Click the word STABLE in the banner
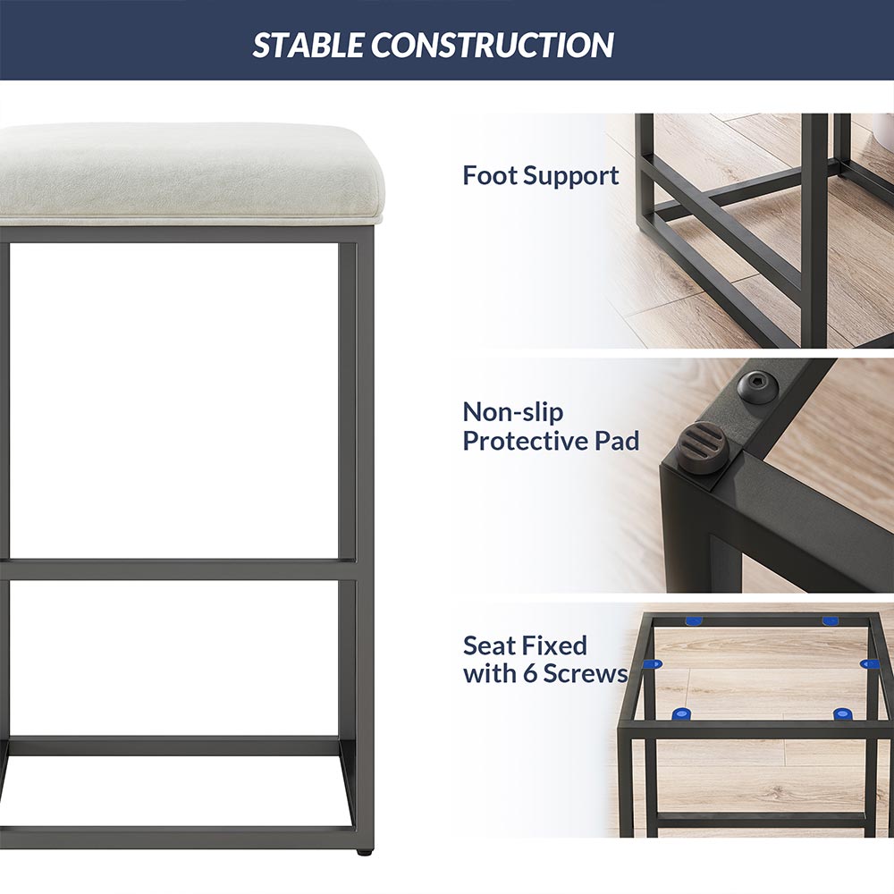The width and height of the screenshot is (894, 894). tap(308, 45)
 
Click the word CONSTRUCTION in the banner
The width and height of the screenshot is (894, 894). tap(493, 45)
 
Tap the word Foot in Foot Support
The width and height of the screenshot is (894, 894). tap(490, 175)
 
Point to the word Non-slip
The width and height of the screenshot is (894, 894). tap(512, 411)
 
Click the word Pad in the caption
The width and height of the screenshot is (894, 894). tap(618, 441)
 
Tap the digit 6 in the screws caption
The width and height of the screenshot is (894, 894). tap(530, 673)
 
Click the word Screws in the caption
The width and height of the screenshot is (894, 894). tap(585, 673)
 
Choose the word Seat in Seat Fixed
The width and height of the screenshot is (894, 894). tap(487, 646)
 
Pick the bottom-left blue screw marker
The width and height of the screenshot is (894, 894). tap(680, 713)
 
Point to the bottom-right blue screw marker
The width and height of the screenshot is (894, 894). tap(842, 713)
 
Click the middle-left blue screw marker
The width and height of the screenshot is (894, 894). tap(652, 664)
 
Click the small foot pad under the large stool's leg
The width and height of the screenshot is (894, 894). tap(363, 852)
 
